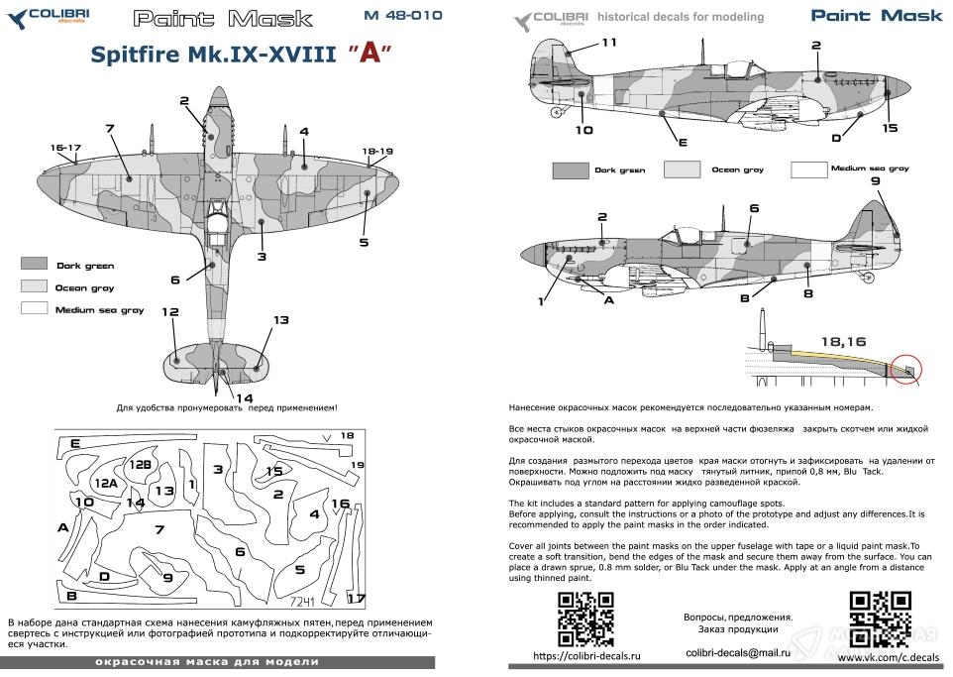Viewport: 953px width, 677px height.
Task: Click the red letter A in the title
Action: click(x=368, y=54)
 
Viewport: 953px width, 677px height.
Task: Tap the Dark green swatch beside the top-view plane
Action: click(x=34, y=265)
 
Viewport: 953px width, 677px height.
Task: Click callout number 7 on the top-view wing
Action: click(x=110, y=129)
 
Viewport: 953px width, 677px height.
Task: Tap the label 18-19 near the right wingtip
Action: click(x=377, y=151)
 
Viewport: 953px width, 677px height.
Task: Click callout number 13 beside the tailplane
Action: click(x=280, y=320)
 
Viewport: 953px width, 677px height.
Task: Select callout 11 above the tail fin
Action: click(x=608, y=42)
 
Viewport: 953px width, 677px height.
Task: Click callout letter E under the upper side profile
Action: click(x=683, y=143)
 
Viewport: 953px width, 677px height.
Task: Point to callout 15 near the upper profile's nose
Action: click(x=890, y=129)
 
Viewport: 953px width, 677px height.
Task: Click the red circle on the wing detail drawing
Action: click(x=905, y=368)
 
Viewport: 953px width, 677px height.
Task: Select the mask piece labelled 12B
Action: click(x=140, y=464)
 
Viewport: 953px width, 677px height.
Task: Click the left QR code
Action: click(x=580, y=617)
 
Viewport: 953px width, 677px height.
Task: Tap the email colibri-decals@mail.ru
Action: click(x=737, y=652)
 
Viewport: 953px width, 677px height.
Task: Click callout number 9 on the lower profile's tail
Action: click(x=875, y=181)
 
